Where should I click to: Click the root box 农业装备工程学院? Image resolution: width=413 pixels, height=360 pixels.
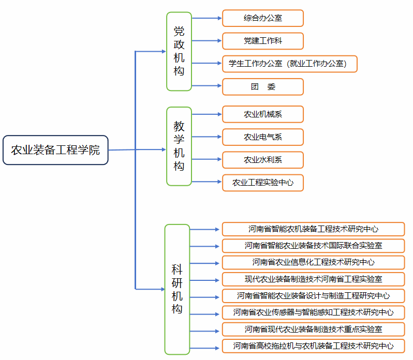55,150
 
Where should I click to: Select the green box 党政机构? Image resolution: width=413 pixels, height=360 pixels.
179,51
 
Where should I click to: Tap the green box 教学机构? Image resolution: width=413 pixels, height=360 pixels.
179,146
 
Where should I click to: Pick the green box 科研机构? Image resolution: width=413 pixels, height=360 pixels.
178,289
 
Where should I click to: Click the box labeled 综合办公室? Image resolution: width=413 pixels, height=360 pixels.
262,18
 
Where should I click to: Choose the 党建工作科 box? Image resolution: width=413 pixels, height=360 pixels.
262,41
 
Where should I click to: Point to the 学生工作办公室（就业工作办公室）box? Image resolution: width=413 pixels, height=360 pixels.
289,64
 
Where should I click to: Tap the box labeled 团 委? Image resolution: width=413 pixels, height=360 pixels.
262,87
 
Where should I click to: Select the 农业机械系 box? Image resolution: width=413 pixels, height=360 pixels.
262,114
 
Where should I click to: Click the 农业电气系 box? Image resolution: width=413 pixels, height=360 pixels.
262,137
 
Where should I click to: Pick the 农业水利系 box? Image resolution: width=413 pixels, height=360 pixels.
262,160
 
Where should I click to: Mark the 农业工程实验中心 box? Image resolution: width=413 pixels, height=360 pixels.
262,183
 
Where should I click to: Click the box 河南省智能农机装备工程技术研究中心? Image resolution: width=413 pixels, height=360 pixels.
313,229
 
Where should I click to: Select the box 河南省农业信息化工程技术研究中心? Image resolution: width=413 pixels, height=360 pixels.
313,262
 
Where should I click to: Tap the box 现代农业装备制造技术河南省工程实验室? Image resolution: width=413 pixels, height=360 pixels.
313,279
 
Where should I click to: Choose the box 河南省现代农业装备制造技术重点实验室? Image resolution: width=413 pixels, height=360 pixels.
313,329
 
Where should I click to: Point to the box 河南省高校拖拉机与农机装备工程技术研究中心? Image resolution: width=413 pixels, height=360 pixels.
313,346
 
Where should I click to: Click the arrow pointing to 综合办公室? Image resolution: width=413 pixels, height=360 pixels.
207,18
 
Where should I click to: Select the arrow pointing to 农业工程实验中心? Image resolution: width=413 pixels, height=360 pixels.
207,182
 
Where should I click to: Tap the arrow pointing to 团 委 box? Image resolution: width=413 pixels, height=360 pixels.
207,86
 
